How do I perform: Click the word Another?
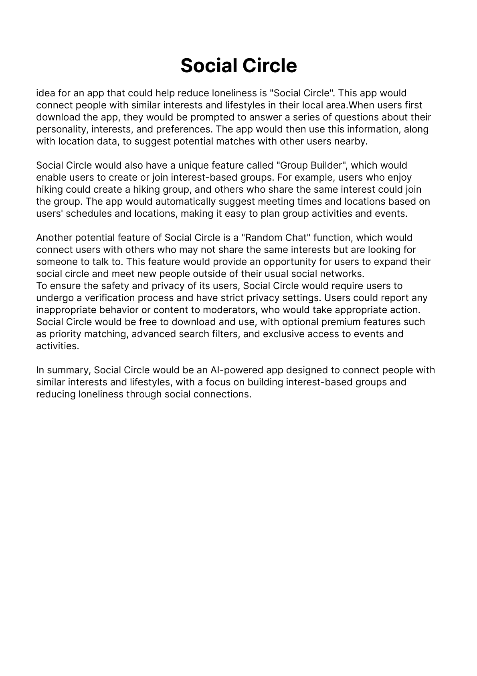click(54, 238)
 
